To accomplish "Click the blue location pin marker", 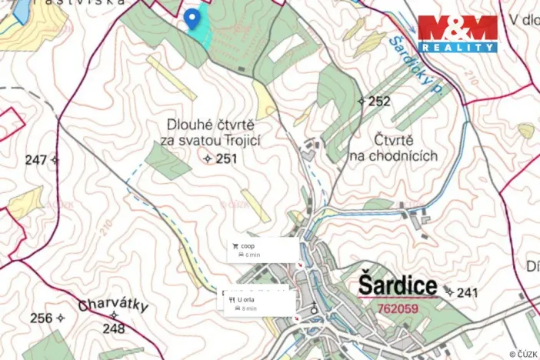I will point(191,20).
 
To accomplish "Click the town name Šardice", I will point(398,286).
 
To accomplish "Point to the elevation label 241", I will point(467,292).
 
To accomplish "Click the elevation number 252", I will point(379,101).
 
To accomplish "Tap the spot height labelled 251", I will point(226,158).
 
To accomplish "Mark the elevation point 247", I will point(36,160).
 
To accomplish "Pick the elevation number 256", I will point(42,318).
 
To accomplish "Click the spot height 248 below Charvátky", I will point(113,328).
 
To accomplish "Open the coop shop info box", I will point(262,249).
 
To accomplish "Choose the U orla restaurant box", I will point(256,303).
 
